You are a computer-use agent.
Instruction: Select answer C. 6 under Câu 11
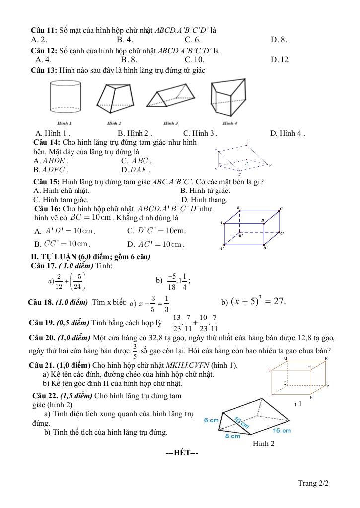[192, 39]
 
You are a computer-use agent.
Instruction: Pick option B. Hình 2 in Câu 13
[134, 133]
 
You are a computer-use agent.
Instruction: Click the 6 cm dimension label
[211, 420]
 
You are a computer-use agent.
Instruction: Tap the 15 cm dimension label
[282, 430]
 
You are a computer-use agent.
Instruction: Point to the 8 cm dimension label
[232, 436]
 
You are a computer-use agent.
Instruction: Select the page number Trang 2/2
[313, 482]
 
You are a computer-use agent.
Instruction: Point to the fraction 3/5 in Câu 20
[135, 351]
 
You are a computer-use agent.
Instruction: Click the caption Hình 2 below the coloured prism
[263, 444]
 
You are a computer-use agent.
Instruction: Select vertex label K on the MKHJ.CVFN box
[326, 358]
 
